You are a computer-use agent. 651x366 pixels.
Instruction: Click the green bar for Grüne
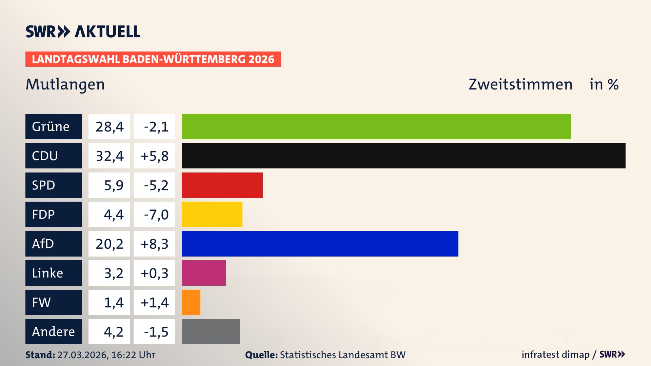pos(376,126)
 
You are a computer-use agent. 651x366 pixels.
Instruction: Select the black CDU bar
pos(403,156)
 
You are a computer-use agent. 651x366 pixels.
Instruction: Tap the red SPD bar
pos(222,185)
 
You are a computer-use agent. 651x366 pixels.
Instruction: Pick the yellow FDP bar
pos(212,214)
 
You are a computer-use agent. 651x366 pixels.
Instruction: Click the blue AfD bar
pos(320,244)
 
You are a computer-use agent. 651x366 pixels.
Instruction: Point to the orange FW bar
pos(191,302)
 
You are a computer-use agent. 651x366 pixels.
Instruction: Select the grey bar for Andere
pos(211,331)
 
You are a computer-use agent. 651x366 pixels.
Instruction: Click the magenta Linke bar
pos(203,273)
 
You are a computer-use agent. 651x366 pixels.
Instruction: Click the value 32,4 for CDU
pos(109,156)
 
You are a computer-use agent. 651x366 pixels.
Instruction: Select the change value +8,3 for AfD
pos(154,244)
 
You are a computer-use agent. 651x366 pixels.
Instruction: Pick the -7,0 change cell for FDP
pos(154,215)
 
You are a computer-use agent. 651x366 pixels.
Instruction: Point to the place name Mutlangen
pos(65,84)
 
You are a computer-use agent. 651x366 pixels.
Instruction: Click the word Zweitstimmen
pos(520,84)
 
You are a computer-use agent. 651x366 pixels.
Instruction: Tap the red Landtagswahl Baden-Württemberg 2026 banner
pos(153,59)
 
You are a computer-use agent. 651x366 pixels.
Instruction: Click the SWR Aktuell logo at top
pos(83,32)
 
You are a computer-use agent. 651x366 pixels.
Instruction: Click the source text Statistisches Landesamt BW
pos(342,355)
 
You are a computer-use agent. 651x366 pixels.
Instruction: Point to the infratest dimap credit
pos(555,354)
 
